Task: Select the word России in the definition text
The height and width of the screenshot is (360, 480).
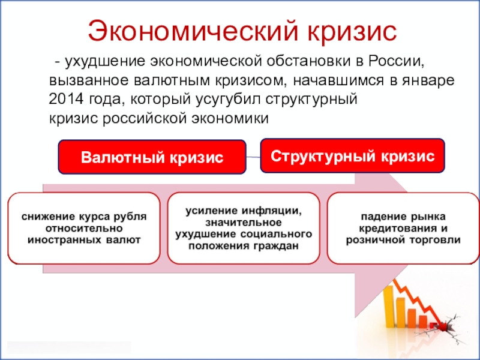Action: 396,61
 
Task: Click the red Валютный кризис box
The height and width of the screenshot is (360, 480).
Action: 152,157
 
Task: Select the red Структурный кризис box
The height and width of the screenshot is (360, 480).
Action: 352,156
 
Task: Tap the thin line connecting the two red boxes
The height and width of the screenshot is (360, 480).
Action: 253,157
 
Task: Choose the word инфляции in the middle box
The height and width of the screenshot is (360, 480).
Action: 271,211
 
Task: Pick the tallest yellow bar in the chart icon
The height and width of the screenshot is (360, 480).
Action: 389,306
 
